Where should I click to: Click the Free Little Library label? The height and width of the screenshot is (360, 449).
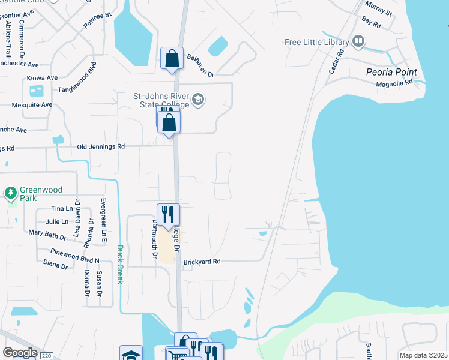point(317,42)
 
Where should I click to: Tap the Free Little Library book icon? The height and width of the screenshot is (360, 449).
point(358,41)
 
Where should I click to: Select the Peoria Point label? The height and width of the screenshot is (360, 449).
point(391,72)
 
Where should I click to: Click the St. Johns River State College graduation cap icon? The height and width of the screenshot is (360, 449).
point(199,99)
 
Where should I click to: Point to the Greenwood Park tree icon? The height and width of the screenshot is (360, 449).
point(10,193)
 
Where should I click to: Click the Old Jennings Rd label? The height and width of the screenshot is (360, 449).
point(101,146)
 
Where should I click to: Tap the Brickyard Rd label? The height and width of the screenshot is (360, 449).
point(202,262)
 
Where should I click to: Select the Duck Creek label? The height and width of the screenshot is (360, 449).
point(120,264)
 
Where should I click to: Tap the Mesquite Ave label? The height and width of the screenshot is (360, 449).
point(32,104)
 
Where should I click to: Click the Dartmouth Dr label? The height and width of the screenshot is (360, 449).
point(155,238)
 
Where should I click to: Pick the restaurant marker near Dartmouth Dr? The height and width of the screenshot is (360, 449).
point(168,214)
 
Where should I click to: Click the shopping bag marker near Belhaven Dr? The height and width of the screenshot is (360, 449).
point(172,59)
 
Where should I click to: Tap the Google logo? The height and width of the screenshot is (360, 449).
point(20,353)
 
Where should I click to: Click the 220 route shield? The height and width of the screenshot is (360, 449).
point(46,355)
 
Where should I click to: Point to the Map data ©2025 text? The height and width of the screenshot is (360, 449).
point(423,355)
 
